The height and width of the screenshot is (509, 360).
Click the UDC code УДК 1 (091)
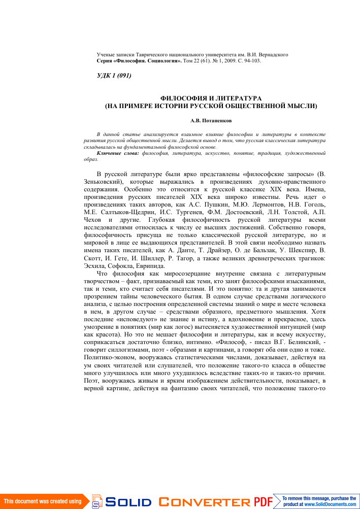click(114, 76)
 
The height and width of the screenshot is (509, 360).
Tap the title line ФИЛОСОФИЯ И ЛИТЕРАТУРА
click(211, 97)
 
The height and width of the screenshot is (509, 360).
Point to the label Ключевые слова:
click(118, 152)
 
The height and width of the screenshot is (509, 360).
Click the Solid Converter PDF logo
click(183, 502)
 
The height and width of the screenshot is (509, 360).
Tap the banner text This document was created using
click(43, 501)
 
